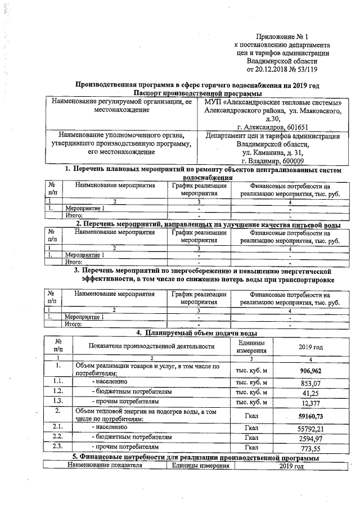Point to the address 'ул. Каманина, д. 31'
point(272,152)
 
